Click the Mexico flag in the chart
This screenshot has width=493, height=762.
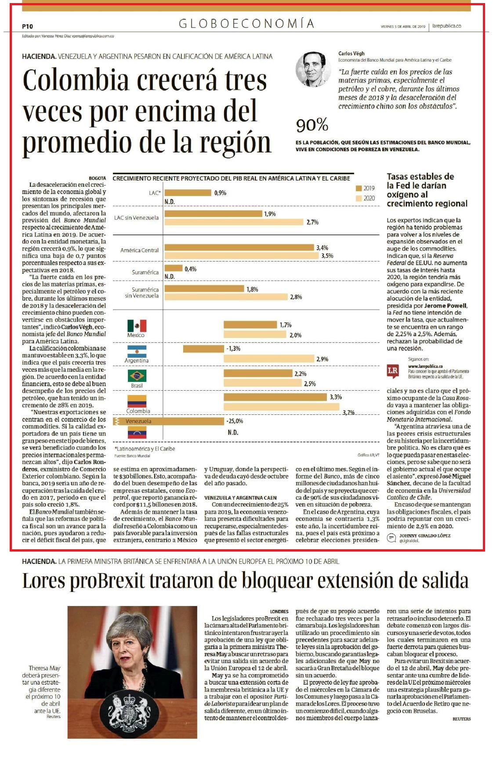point(137,326)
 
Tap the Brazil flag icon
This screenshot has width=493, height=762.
point(137,376)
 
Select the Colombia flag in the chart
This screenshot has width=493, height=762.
point(137,402)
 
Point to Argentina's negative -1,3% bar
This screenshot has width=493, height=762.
point(203,349)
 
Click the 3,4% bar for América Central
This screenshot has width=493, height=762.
point(239,248)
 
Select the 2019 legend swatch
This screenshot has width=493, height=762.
point(358,189)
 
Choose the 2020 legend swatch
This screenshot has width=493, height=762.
point(358,198)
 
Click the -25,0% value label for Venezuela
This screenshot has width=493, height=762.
point(235,421)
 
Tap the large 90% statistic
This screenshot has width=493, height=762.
point(312,126)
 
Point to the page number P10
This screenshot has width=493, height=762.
point(27,26)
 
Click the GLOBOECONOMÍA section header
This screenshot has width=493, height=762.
point(246,24)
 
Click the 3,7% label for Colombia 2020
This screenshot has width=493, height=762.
point(348,412)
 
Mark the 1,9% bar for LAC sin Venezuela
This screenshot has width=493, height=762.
point(213,214)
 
